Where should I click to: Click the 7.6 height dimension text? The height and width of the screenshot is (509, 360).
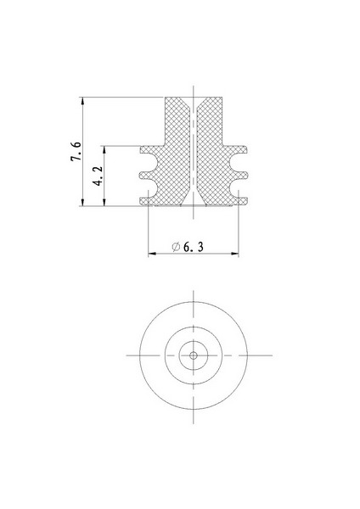coord(76,151)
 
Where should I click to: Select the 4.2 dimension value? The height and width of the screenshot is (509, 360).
coord(98,176)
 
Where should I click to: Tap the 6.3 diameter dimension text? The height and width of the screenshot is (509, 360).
coord(194,247)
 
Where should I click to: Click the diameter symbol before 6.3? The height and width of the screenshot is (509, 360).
coord(176,247)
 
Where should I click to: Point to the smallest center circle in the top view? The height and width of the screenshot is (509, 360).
coord(194,355)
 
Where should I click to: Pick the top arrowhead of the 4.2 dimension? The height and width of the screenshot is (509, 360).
coord(104,149)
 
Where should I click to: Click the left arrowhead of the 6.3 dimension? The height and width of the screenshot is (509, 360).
coord(152,253)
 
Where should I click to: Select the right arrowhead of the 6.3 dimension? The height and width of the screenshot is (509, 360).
coord(234,253)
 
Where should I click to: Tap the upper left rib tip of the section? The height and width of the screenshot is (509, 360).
coord(141,150)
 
